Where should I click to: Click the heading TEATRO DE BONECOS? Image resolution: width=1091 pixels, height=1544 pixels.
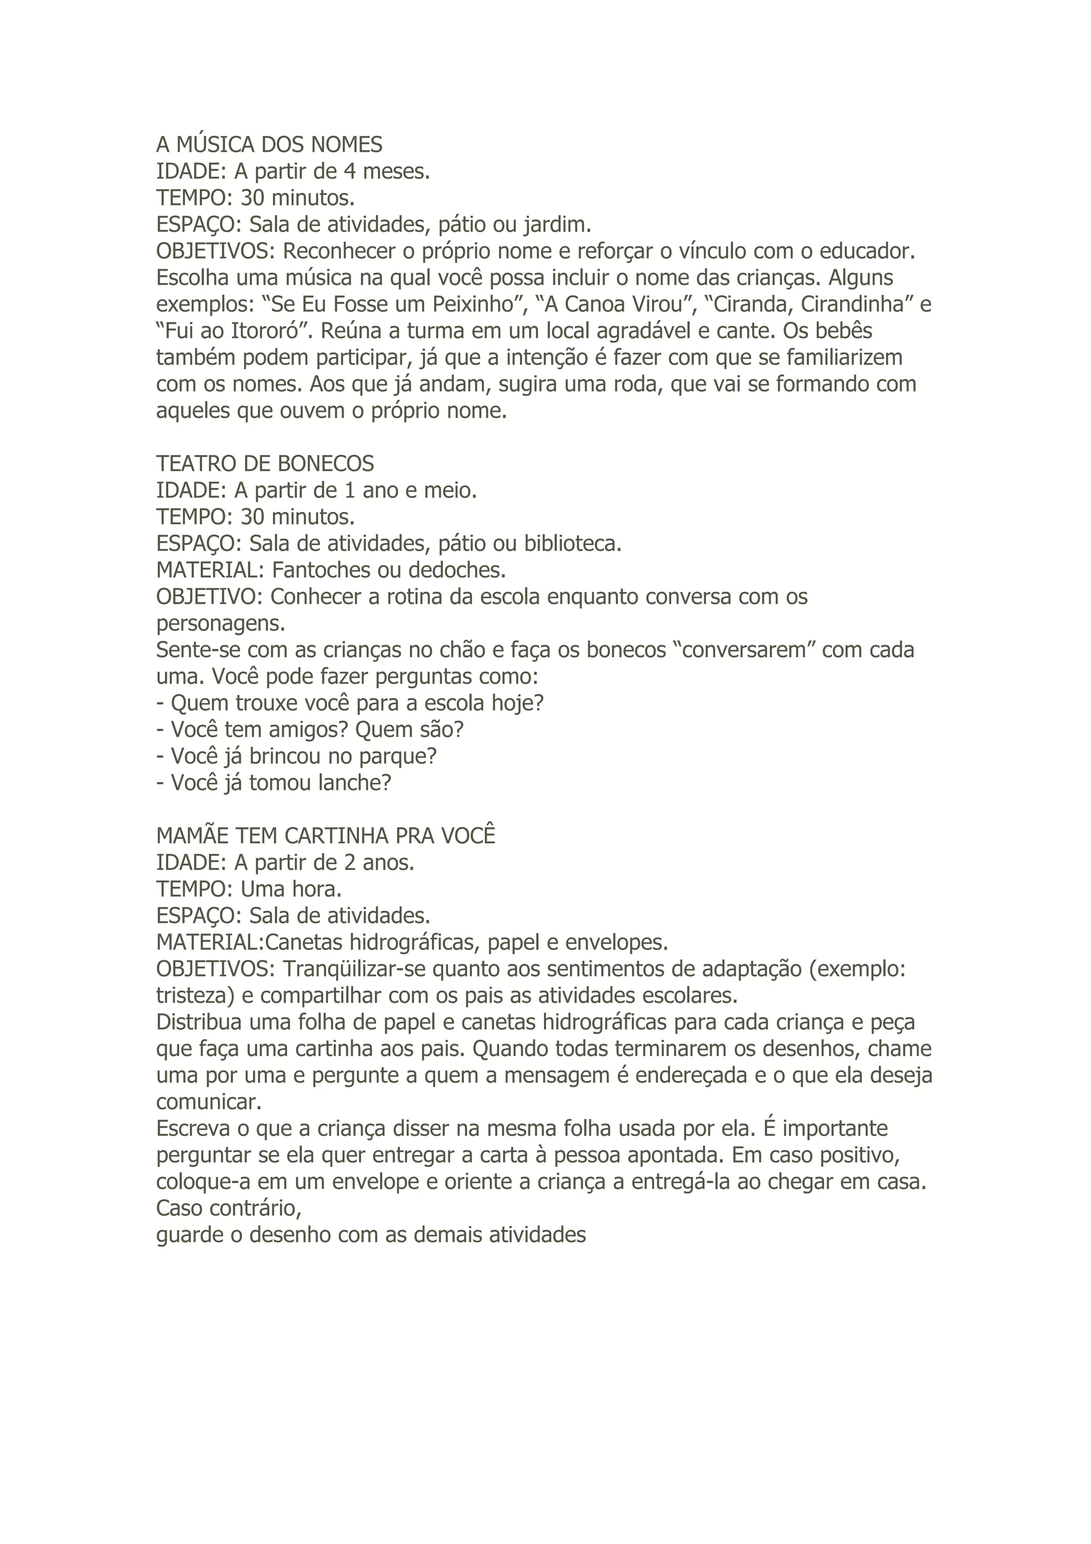[265, 464]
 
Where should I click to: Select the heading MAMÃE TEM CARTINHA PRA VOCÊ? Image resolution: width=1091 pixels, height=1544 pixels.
[325, 836]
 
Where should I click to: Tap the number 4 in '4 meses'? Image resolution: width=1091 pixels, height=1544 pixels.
[349, 172]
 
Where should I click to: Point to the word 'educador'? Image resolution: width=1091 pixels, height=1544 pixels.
[870, 251]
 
